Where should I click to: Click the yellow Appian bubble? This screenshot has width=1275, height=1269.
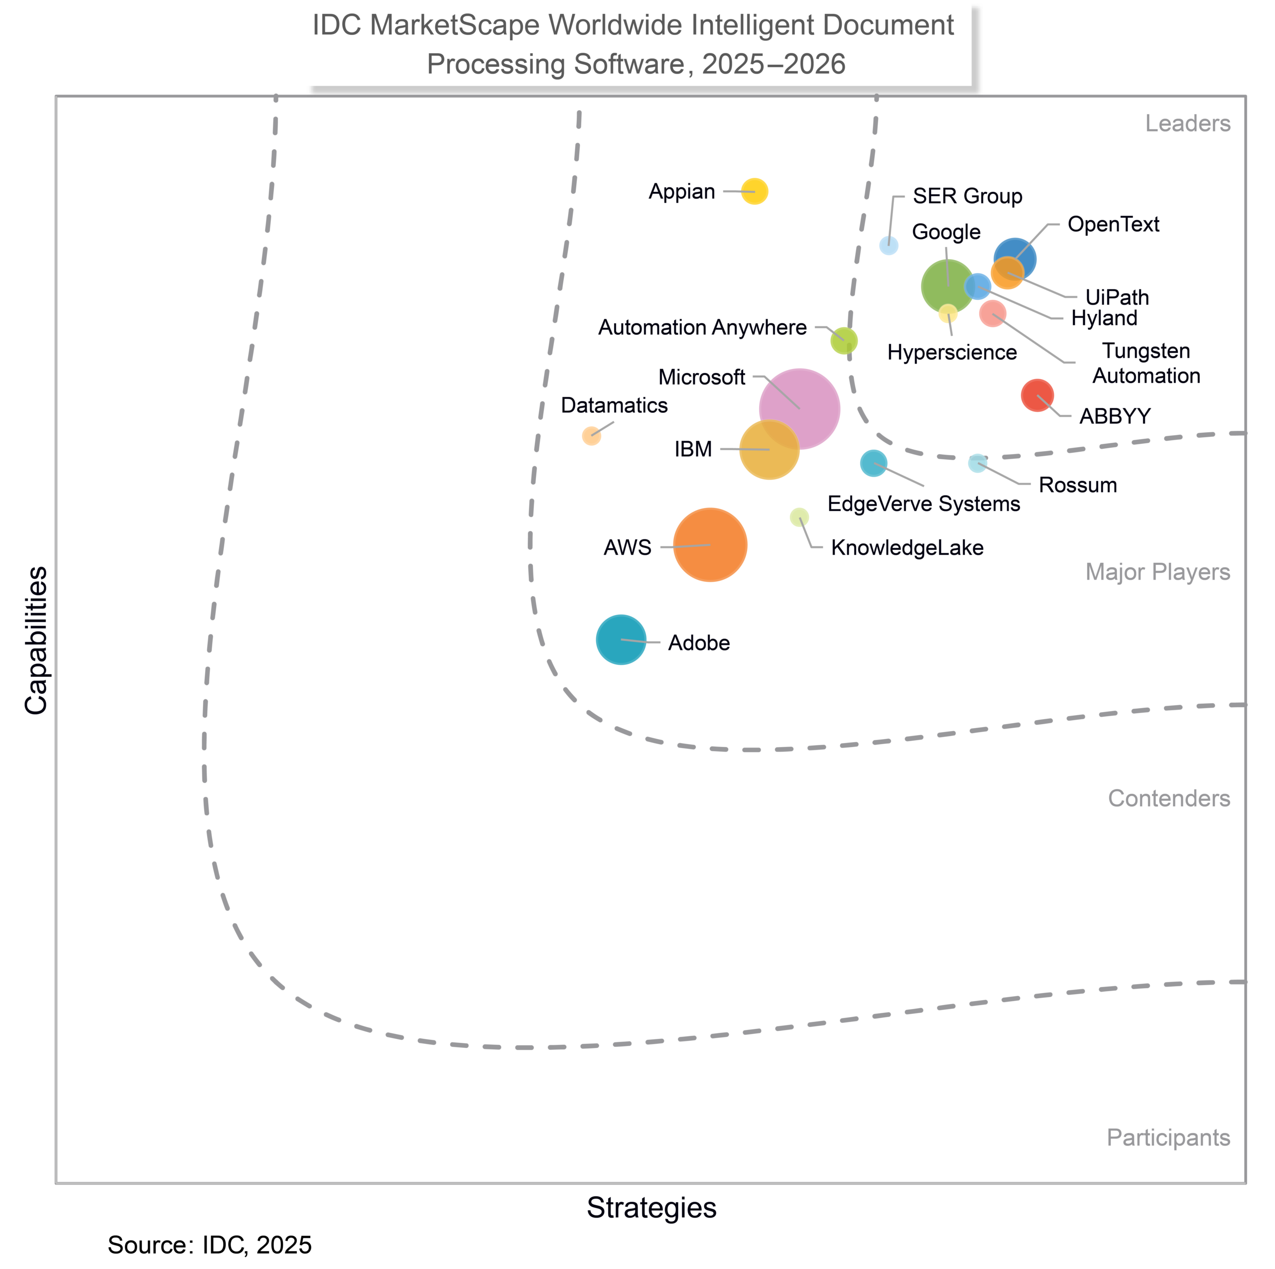coord(755,191)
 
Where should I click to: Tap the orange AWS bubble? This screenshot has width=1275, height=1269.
coord(710,544)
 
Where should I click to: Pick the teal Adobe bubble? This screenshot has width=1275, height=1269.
coord(621,639)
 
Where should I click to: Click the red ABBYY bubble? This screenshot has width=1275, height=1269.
coord(1037,395)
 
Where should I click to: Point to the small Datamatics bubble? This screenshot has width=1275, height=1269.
coord(591,436)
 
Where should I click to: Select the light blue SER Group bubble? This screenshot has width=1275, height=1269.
coord(889,246)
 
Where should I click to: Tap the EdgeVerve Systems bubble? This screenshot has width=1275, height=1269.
coord(873,463)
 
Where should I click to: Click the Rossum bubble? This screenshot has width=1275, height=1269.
coord(977,463)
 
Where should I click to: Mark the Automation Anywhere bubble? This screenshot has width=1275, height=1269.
coord(843,341)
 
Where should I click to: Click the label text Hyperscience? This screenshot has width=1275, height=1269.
coord(952,353)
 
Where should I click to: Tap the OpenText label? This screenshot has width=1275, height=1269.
coord(1113,225)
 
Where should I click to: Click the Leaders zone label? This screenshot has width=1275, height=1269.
coord(1187,124)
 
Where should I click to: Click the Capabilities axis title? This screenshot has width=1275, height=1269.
coord(36,639)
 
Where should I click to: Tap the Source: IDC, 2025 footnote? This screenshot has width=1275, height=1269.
coord(209,1245)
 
